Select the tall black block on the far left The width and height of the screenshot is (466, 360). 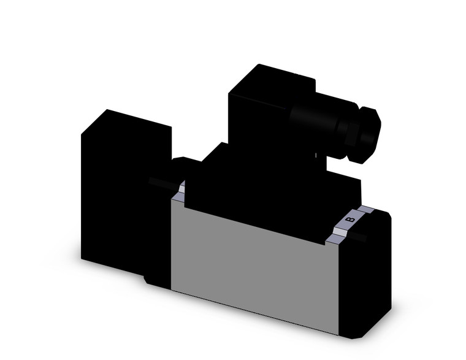pos(120,190)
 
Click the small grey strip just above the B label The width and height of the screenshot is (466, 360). pos(365,210)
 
